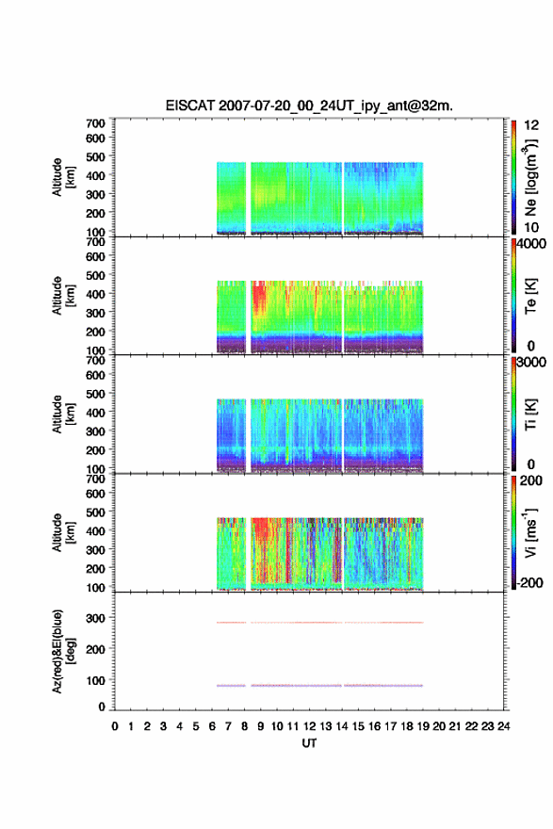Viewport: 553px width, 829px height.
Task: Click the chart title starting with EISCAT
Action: [309, 106]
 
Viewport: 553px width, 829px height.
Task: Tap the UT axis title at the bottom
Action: [309, 743]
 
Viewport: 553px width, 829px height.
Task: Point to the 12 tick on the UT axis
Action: [309, 726]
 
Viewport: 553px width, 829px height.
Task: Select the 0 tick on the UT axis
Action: [115, 726]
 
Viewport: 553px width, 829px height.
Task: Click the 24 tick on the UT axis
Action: [503, 726]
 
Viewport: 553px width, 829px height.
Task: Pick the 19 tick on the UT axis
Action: [423, 726]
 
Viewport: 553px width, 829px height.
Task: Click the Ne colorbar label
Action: [530, 177]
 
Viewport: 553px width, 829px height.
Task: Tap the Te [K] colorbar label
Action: [530, 296]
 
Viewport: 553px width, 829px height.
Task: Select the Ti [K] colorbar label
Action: [530, 414]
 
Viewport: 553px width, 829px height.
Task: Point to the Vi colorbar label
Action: [530, 533]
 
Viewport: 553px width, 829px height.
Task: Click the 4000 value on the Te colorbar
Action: [532, 244]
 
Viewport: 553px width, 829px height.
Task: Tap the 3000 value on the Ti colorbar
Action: [532, 362]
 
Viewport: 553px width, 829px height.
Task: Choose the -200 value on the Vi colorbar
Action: [530, 582]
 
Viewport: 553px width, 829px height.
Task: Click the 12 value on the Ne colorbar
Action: [531, 125]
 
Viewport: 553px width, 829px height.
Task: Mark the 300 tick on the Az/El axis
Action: [96, 618]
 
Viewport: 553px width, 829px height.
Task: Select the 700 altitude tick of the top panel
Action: [96, 123]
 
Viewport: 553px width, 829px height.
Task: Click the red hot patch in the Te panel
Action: [259, 298]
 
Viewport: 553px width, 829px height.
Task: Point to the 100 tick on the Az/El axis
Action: [96, 680]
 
